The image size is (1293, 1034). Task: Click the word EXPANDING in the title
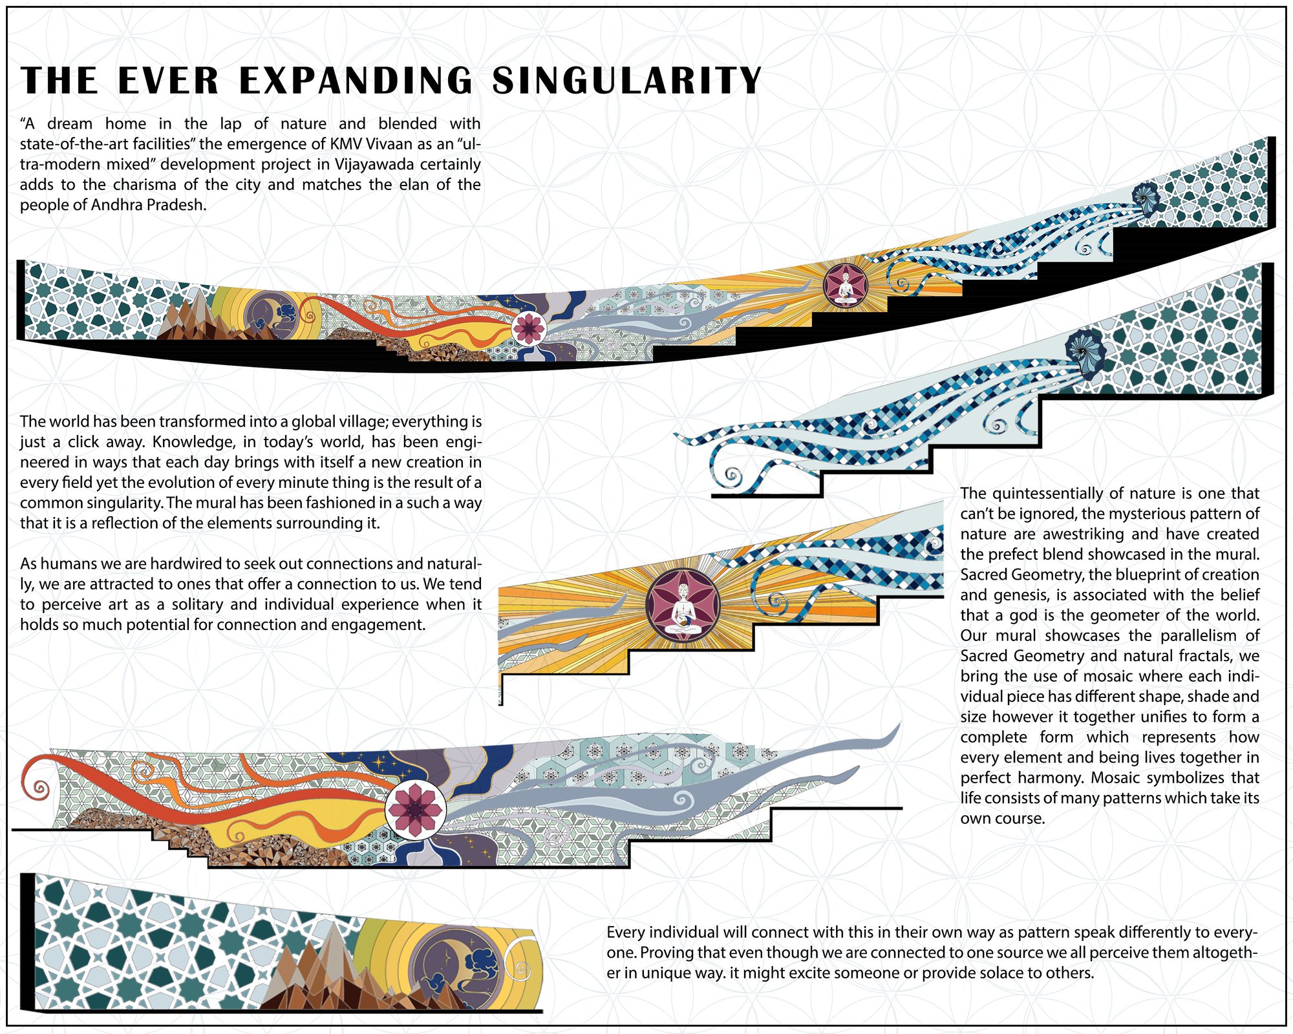pyautogui.click(x=356, y=81)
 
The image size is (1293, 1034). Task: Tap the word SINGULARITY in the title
pyautogui.click(x=627, y=81)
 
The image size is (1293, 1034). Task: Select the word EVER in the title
pyautogui.click(x=169, y=81)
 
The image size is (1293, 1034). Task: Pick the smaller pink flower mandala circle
pyautogui.click(x=529, y=328)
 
